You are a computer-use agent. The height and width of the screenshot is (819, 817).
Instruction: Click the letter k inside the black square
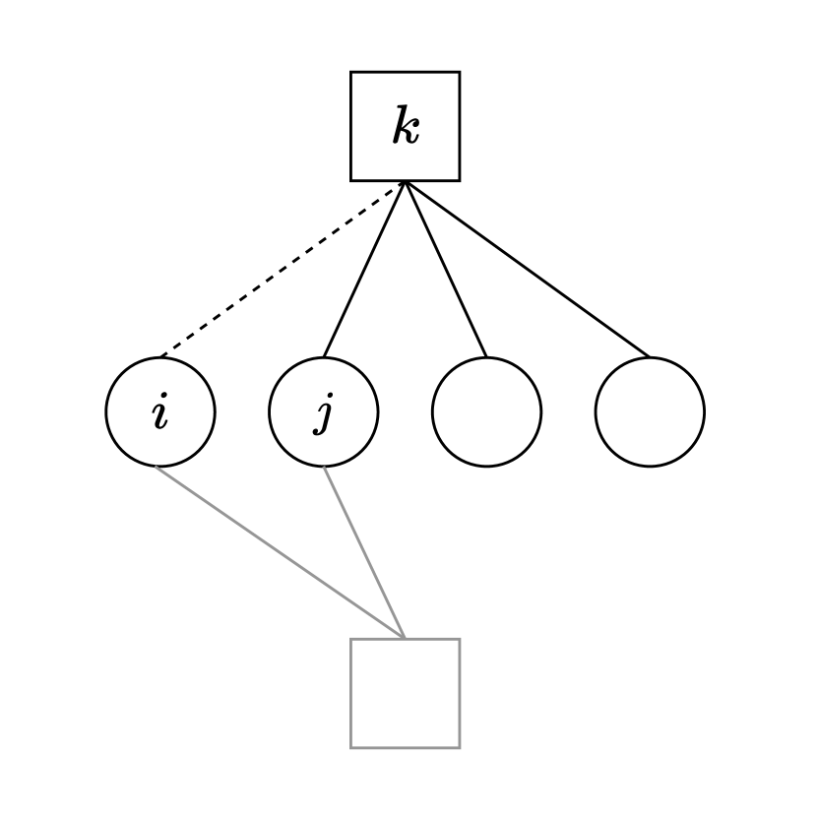tap(406, 127)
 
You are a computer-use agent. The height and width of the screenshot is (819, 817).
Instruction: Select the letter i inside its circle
tap(160, 412)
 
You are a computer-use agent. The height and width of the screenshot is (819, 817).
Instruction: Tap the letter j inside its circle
tap(324, 412)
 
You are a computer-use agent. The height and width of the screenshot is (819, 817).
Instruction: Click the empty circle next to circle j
tap(486, 411)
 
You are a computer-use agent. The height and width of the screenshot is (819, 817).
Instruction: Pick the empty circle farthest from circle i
tap(650, 411)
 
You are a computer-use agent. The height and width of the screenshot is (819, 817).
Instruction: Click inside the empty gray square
tap(406, 693)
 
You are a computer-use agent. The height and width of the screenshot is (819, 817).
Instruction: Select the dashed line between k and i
tap(283, 270)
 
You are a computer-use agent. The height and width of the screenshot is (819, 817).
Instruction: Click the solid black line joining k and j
tap(364, 270)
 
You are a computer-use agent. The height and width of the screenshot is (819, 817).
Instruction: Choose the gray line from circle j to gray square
tap(365, 552)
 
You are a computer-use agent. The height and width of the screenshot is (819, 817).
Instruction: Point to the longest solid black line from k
tap(528, 270)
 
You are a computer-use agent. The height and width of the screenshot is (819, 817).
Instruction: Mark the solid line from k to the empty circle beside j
tap(446, 270)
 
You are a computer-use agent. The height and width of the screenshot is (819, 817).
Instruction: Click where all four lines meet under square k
tap(406, 182)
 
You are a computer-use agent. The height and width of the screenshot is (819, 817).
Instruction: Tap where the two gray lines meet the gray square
tap(406, 639)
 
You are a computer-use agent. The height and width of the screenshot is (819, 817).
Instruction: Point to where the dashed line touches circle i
tap(160, 357)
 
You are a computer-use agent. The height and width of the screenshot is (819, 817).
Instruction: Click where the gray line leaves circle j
tap(325, 467)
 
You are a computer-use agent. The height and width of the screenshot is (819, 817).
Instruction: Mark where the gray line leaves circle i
tap(156, 467)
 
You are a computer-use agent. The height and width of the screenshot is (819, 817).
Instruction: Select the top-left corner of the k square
tap(351, 73)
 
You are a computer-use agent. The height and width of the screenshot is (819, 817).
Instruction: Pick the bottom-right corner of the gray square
tap(459, 747)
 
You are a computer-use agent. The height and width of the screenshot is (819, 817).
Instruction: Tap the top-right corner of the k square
tap(459, 73)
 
